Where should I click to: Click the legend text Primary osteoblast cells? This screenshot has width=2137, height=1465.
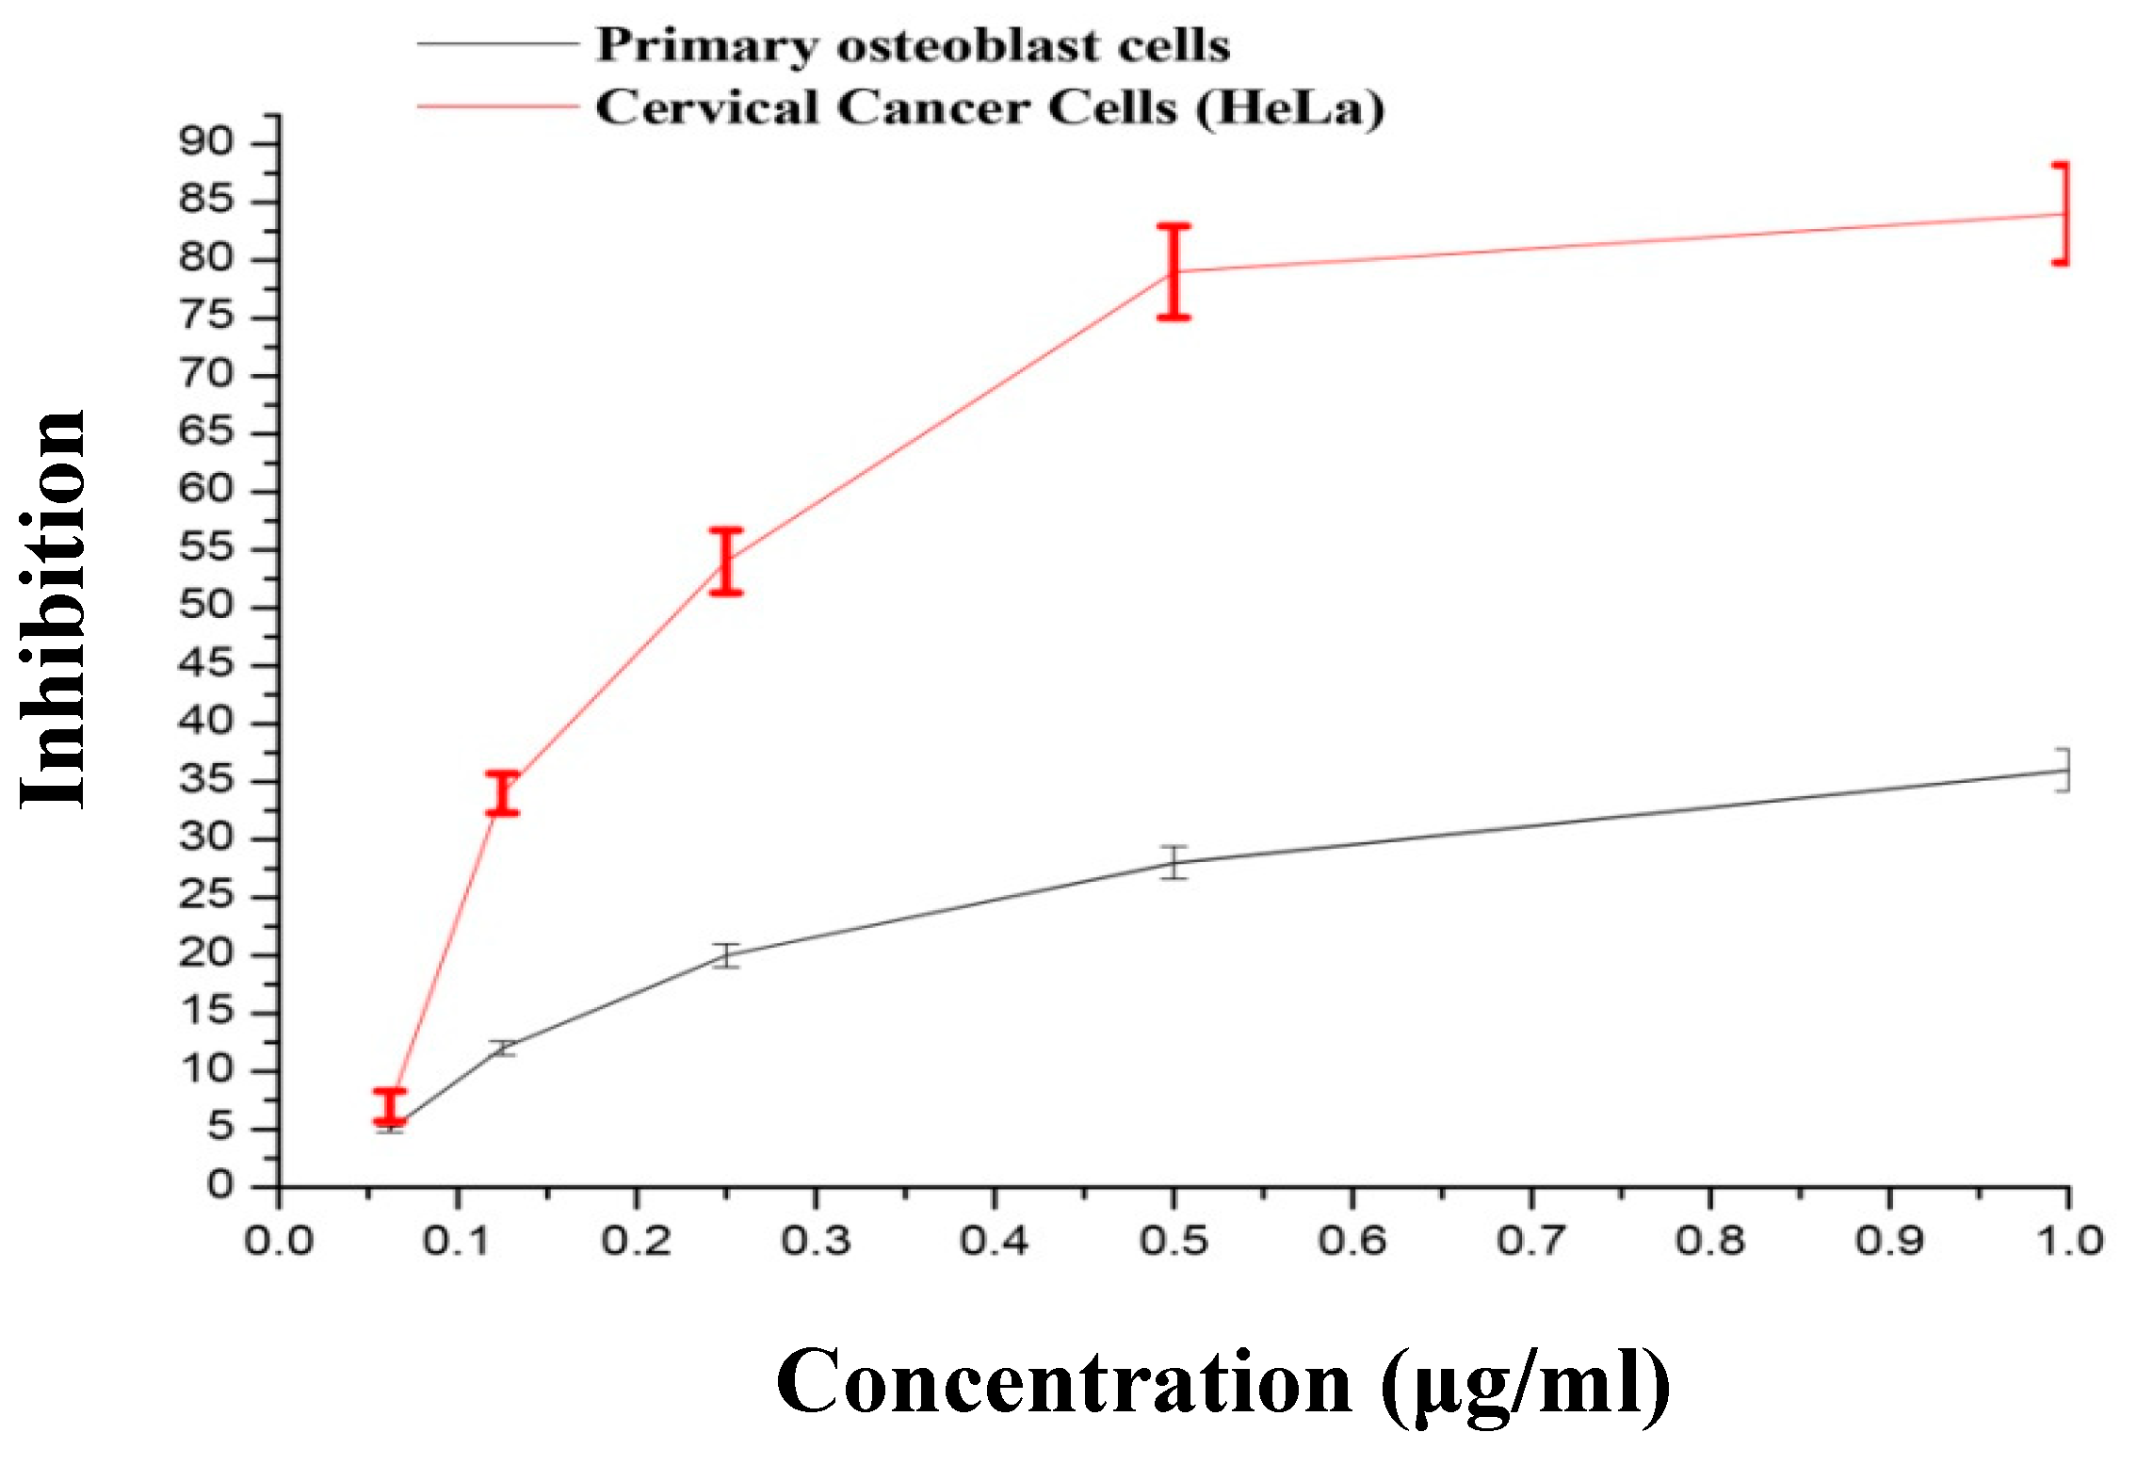tap(912, 45)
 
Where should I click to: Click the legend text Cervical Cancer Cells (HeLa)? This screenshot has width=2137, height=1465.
tap(989, 107)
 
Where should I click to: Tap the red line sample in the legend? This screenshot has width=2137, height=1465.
tap(497, 106)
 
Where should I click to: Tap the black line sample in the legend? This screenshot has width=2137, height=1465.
tap(497, 43)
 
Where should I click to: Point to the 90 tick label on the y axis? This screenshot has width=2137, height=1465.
tap(205, 142)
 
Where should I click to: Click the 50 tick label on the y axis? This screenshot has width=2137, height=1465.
tap(205, 606)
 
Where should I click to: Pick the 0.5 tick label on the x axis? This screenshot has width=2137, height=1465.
tap(1173, 1242)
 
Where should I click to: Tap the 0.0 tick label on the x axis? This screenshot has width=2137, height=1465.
tap(278, 1242)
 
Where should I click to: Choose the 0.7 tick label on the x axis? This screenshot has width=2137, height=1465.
tap(1530, 1242)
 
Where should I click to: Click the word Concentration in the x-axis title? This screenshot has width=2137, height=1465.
tap(1064, 1383)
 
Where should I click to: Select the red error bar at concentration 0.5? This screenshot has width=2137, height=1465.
tap(1174, 271)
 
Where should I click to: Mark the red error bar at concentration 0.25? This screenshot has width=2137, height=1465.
tap(726, 562)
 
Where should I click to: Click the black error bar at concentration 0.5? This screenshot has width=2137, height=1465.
tap(1174, 862)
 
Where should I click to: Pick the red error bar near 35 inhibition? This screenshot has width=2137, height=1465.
tap(503, 792)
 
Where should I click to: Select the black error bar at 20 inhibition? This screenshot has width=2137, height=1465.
tap(726, 955)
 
